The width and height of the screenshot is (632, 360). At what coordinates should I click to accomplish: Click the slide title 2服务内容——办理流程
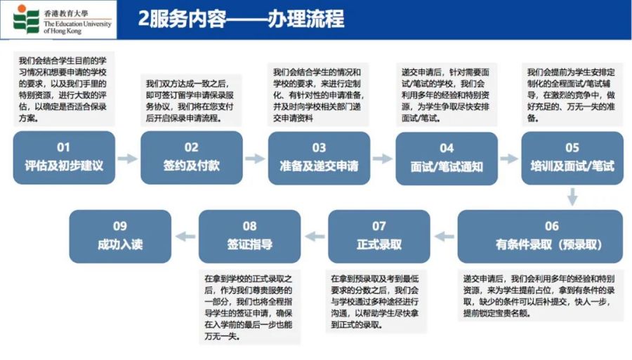(241, 18)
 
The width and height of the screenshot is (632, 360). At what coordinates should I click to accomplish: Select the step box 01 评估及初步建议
(64, 157)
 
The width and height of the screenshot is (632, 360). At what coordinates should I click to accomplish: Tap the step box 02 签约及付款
(192, 157)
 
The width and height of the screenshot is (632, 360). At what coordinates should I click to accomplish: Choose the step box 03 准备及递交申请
(320, 158)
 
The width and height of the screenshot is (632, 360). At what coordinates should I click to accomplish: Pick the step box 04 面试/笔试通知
(447, 159)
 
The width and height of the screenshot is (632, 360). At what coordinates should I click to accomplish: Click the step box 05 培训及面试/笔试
(572, 158)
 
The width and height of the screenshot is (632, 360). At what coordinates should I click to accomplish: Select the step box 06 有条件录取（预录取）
(540, 236)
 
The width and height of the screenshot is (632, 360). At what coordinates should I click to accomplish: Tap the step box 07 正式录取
(379, 236)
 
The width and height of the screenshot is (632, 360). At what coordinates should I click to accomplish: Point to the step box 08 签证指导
(249, 236)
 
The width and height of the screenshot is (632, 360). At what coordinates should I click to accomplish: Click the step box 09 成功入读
(120, 236)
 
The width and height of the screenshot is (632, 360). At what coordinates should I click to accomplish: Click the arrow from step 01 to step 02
(128, 159)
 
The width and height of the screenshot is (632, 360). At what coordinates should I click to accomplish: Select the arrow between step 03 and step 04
(383, 159)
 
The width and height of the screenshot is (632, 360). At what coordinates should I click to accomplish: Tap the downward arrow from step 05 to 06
(572, 197)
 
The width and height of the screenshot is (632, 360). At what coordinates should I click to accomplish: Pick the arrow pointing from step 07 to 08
(315, 236)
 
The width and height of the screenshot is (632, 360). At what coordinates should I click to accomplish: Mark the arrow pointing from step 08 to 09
(185, 236)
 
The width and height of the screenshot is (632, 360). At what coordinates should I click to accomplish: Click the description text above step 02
(190, 100)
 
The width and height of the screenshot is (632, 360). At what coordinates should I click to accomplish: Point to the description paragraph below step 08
(249, 307)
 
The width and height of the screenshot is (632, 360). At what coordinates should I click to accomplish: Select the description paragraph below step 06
(539, 295)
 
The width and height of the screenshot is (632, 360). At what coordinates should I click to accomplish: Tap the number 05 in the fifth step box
(572, 148)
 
